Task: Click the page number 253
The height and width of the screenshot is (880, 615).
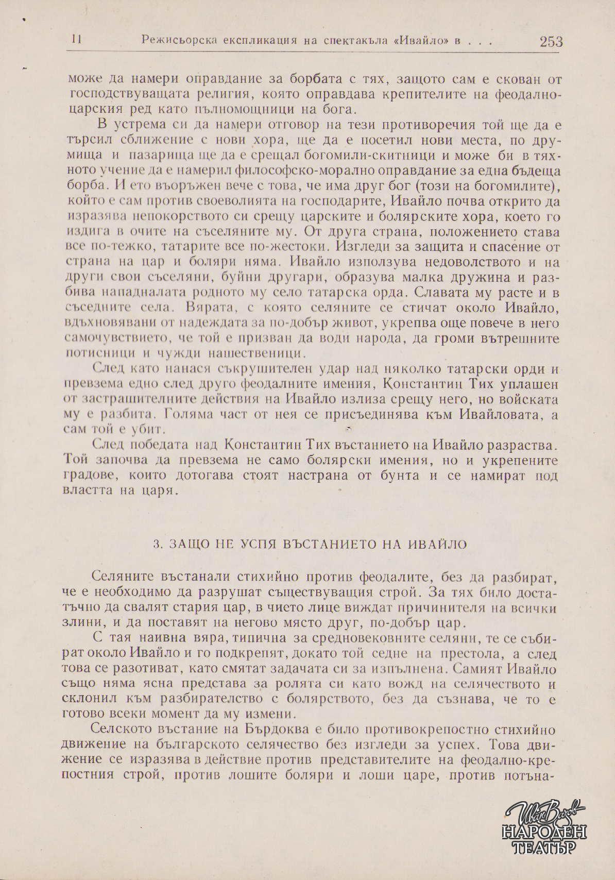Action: point(551,42)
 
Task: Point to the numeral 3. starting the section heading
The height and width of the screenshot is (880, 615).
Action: point(158,545)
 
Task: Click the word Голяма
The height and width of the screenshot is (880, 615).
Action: point(187,415)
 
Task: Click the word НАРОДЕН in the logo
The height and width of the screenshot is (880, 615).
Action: point(544,831)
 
